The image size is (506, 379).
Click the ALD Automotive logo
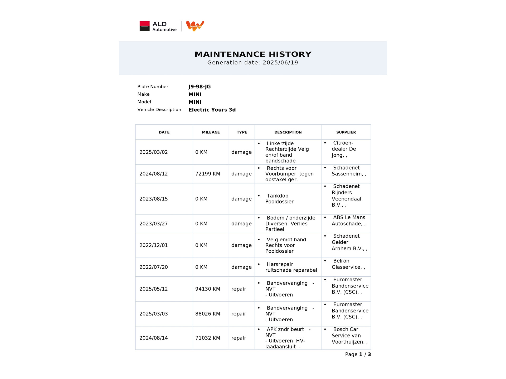click(x=158, y=26)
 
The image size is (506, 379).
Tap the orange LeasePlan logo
click(x=195, y=26)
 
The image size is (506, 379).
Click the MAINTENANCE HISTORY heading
click(x=253, y=54)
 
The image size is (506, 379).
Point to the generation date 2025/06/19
click(x=280, y=63)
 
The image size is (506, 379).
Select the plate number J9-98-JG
click(x=200, y=87)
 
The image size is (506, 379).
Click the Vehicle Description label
click(x=159, y=109)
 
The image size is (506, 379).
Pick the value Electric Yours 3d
click(x=212, y=110)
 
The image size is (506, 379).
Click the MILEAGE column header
click(x=211, y=132)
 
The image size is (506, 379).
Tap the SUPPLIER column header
click(x=346, y=132)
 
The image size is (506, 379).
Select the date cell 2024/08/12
click(x=153, y=174)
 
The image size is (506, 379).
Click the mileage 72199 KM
click(x=207, y=174)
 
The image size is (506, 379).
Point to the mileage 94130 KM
click(x=207, y=289)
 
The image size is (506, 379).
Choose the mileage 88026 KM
click(x=207, y=314)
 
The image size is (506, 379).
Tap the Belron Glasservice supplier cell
click(x=348, y=264)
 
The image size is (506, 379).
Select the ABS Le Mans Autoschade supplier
click(x=348, y=221)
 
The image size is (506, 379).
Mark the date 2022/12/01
click(x=153, y=245)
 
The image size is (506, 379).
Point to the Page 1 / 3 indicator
click(x=358, y=355)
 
